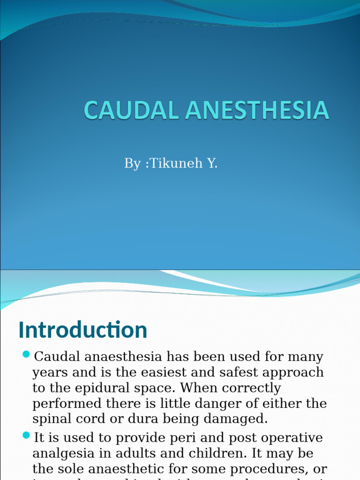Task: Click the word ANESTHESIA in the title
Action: (x=257, y=111)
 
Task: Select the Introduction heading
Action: (x=83, y=330)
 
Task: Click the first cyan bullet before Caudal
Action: (x=26, y=354)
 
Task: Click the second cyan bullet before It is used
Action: (x=26, y=435)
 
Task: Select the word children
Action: (x=208, y=453)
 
